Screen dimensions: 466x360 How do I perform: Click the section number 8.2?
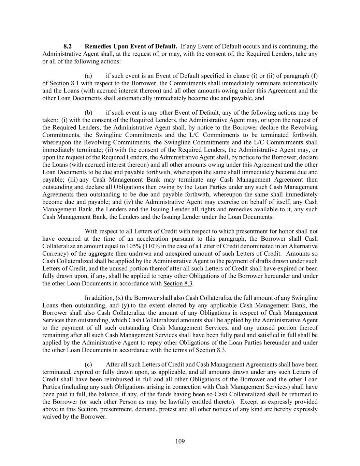tap(68, 46)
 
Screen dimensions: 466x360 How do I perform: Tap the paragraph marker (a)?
tap(88, 76)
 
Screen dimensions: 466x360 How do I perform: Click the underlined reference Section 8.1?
tap(64, 83)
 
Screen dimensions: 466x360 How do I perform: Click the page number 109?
tap(180, 441)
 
